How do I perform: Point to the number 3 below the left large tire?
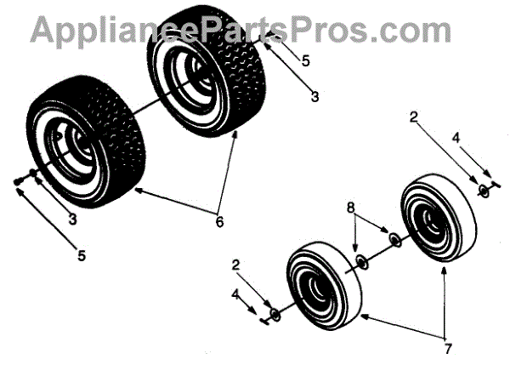tap(72, 220)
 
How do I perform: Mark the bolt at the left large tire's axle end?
tap(19, 181)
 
